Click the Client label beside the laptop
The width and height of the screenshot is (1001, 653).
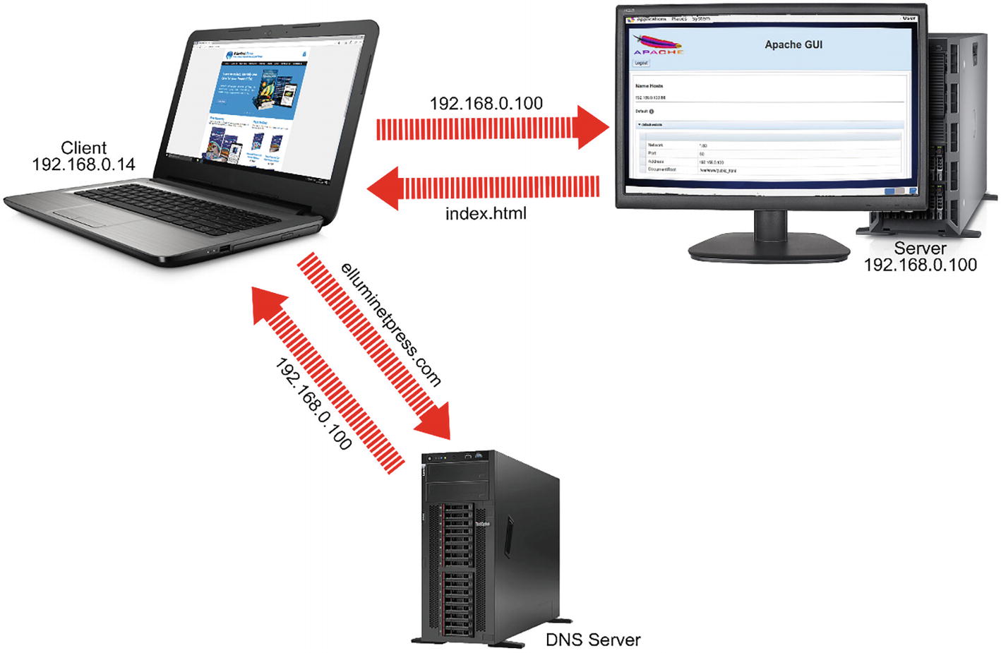click(x=83, y=148)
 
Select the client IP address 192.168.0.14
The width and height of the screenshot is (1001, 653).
click(x=83, y=164)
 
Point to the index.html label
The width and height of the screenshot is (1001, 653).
click(x=486, y=213)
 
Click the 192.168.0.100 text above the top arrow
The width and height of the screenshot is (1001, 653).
click(x=486, y=104)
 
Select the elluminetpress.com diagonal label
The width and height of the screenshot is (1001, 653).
click(x=390, y=324)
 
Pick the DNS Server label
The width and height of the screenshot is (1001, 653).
click(x=593, y=640)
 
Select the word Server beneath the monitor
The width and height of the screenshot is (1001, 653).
click(x=920, y=248)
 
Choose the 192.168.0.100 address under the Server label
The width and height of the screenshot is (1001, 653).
click(x=921, y=265)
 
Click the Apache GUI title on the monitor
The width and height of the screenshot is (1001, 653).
click(x=793, y=44)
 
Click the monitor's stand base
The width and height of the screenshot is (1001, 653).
click(x=769, y=248)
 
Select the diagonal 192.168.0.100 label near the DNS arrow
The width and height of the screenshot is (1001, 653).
click(x=313, y=404)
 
